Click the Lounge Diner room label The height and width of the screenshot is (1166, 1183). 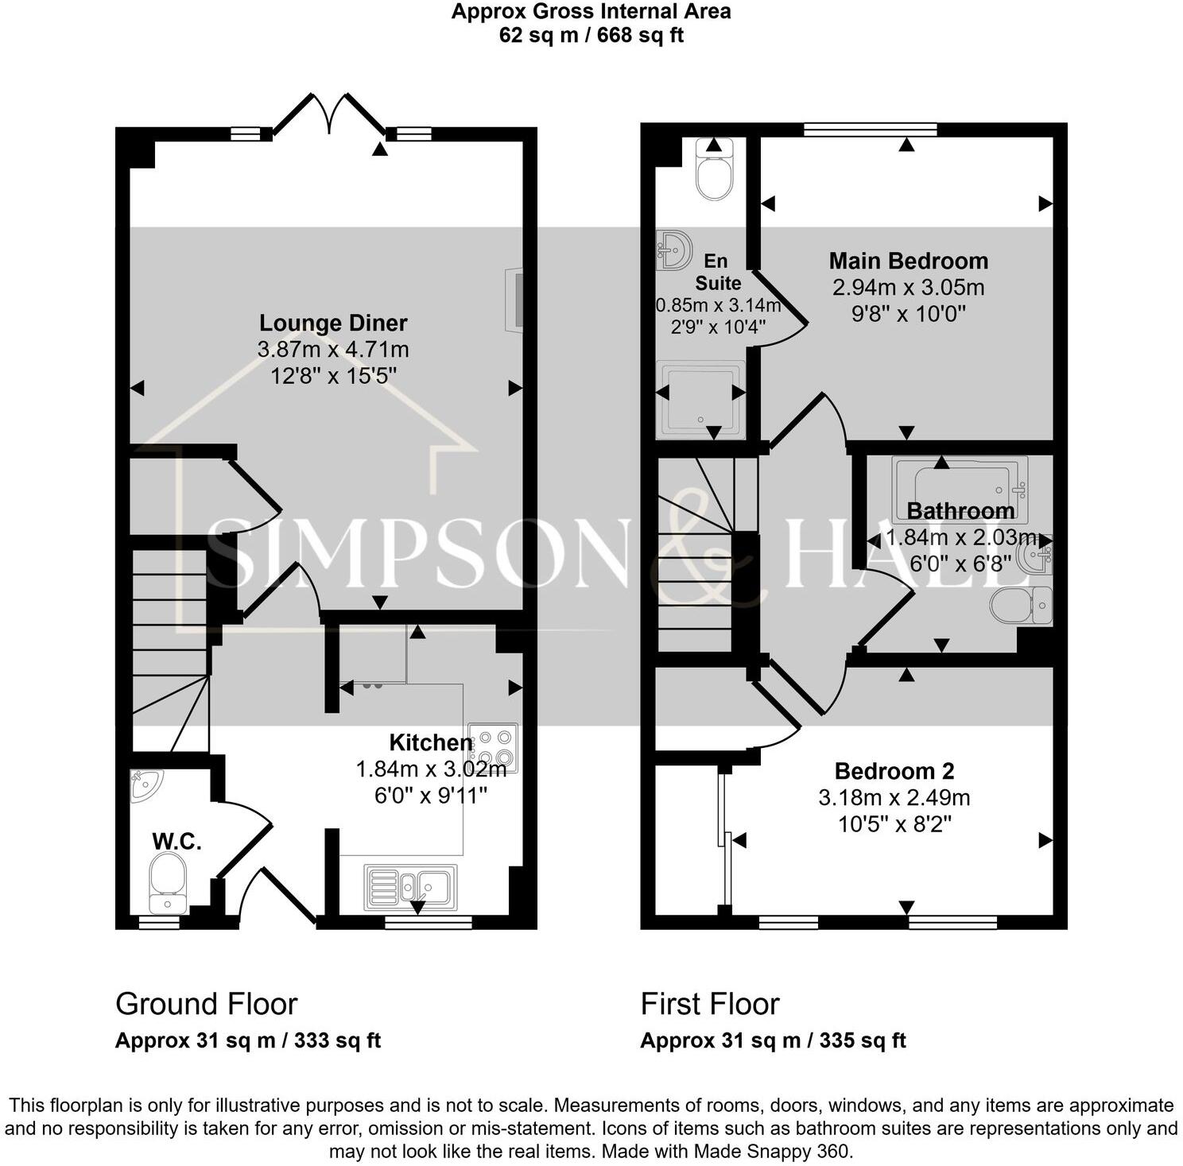tap(333, 323)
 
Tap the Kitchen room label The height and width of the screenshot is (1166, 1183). tap(430, 742)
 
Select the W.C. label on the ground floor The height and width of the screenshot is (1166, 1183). tap(176, 841)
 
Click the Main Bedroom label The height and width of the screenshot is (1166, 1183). tap(908, 261)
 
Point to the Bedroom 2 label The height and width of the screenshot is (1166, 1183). tap(894, 771)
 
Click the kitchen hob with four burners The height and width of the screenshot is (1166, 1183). tap(493, 747)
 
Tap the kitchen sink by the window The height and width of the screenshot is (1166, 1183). tap(410, 886)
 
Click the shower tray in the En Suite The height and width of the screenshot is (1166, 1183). tap(700, 399)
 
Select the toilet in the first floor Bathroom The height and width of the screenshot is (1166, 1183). tap(1021, 606)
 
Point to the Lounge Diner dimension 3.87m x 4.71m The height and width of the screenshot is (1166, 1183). tap(333, 349)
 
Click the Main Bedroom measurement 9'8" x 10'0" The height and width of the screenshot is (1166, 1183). tap(908, 313)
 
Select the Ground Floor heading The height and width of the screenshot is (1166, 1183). tap(207, 1004)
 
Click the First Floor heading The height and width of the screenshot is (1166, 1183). tap(710, 1004)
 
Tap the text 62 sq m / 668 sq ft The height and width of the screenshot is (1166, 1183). tap(591, 36)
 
